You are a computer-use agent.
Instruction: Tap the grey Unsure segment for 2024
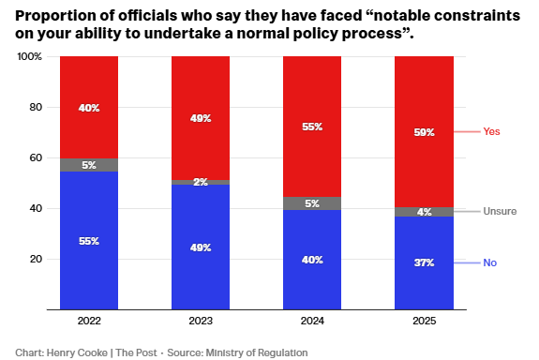pyautogui.click(x=312, y=202)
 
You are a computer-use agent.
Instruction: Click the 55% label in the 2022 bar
pyautogui.click(x=88, y=241)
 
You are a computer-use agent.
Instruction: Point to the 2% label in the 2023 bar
pyautogui.click(x=200, y=182)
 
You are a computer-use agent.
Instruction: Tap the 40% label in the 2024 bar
pyautogui.click(x=312, y=260)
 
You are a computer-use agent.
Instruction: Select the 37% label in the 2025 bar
pyautogui.click(x=424, y=263)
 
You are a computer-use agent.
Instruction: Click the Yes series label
pyautogui.click(x=491, y=132)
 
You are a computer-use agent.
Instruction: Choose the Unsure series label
pyautogui.click(x=499, y=211)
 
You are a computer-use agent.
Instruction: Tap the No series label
pyautogui.click(x=489, y=263)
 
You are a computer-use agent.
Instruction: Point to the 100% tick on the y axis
pyautogui.click(x=30, y=57)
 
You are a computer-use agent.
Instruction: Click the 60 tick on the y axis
pyautogui.click(x=36, y=158)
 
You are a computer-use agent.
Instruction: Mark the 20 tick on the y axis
pyautogui.click(x=36, y=260)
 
